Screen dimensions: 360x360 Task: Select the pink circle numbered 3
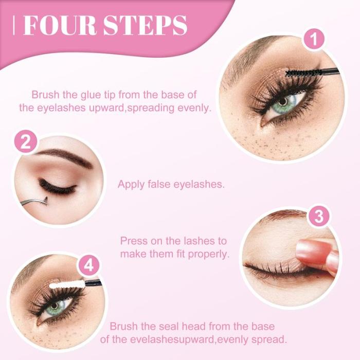click(x=318, y=217)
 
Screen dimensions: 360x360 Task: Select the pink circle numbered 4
click(x=88, y=266)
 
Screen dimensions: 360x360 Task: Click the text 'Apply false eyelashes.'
click(x=171, y=184)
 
